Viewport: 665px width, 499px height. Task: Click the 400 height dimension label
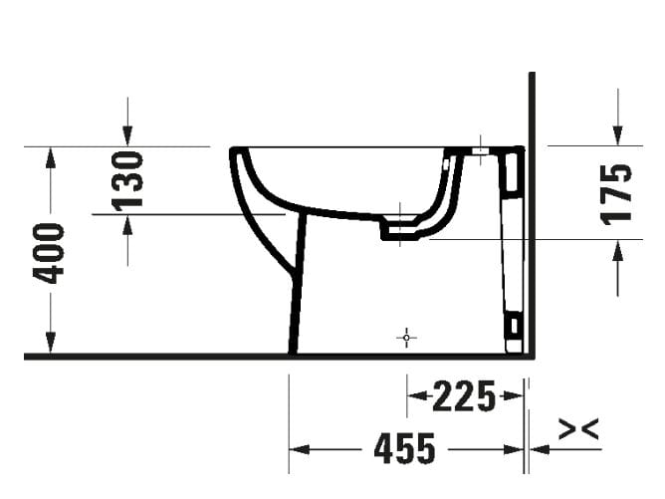point(50,252)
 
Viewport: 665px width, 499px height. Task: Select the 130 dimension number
point(127,179)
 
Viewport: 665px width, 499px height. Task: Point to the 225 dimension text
point(464,397)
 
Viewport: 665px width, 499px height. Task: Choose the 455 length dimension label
point(405,449)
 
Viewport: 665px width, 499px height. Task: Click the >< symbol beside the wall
point(578,429)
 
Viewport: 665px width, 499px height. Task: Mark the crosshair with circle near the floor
point(406,338)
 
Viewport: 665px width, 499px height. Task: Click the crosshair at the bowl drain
point(400,214)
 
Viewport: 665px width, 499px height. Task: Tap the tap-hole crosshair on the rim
point(480,148)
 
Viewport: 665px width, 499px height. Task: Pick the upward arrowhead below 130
point(127,223)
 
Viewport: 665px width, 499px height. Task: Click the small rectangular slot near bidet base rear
point(513,326)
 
